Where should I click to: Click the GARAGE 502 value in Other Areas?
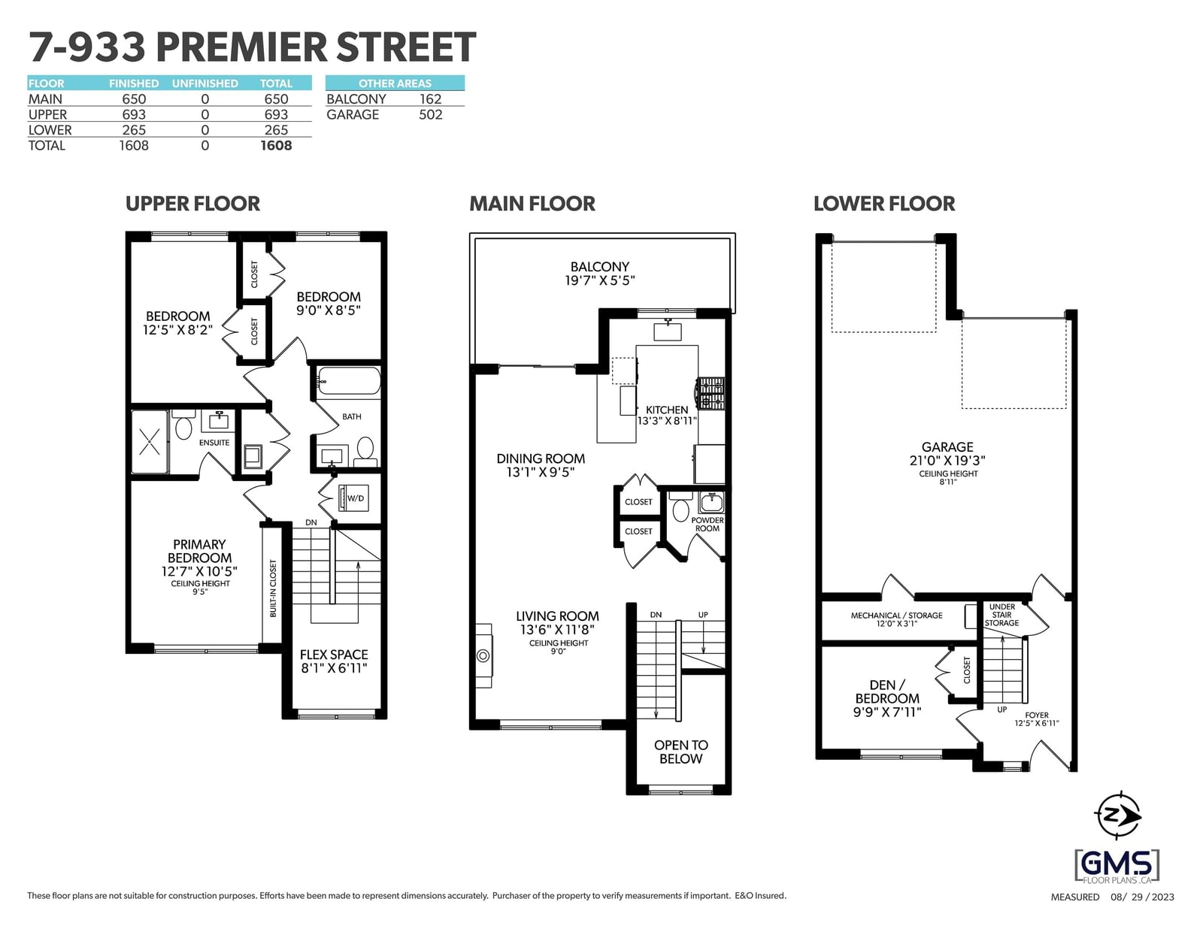click(x=430, y=114)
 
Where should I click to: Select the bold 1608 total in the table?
click(x=276, y=146)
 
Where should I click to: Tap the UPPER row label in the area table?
click(x=47, y=114)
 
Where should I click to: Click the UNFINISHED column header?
click(x=205, y=83)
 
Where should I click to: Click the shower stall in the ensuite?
click(x=150, y=441)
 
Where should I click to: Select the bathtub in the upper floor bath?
click(x=348, y=380)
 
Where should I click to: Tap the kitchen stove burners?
click(x=711, y=393)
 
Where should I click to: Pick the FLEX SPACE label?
click(x=334, y=655)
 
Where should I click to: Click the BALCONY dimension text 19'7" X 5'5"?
click(x=599, y=280)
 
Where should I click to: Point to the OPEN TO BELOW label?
click(x=681, y=752)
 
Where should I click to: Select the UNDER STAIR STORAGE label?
click(x=1001, y=615)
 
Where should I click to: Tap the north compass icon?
click(x=1117, y=815)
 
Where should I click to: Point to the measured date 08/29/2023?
click(x=1142, y=897)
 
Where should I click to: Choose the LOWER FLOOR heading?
click(x=884, y=204)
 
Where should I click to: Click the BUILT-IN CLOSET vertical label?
click(x=272, y=589)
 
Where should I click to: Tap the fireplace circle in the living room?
click(x=483, y=655)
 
